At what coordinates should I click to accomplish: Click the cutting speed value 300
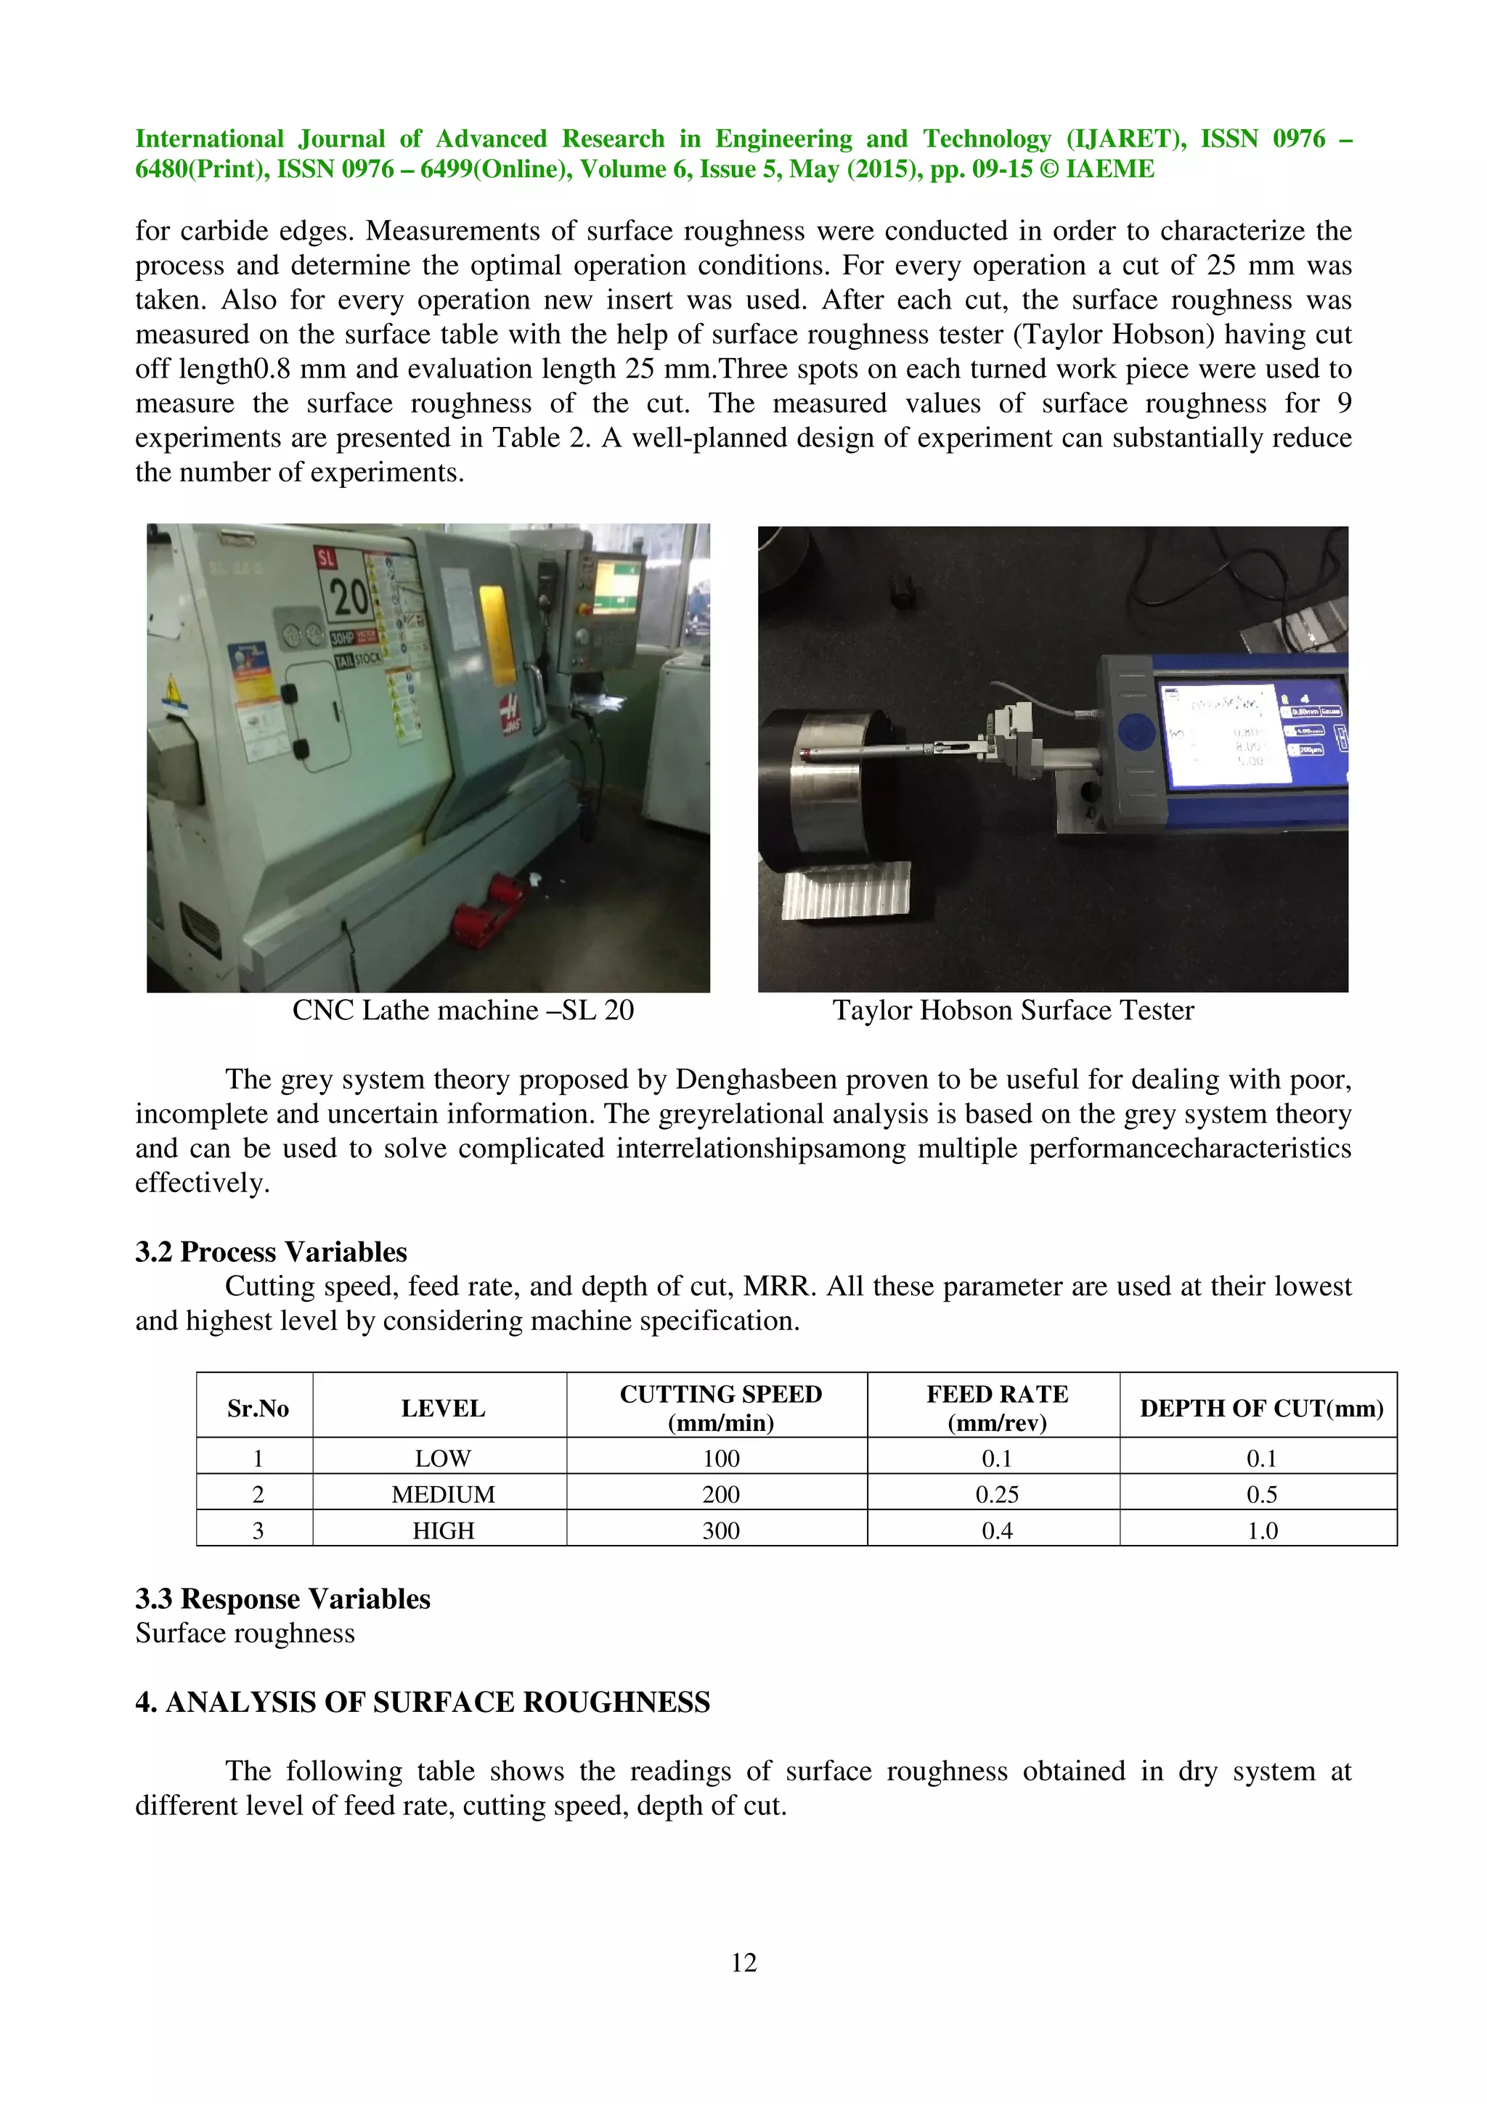pyautogui.click(x=720, y=1530)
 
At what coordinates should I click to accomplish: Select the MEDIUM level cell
pyautogui.click(x=442, y=1495)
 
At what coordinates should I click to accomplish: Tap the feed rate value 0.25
pyautogui.click(x=996, y=1495)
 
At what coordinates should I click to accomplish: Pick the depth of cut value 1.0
pyautogui.click(x=1262, y=1530)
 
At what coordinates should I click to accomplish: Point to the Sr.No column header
pyautogui.click(x=258, y=1408)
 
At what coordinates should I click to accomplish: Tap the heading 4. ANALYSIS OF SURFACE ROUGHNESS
pyautogui.click(x=423, y=1702)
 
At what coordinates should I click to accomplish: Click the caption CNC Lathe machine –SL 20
pyautogui.click(x=463, y=1010)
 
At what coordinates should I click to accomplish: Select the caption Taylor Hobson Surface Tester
pyautogui.click(x=1012, y=1010)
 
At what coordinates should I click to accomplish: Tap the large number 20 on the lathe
pyautogui.click(x=349, y=598)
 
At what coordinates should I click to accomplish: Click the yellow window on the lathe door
pyautogui.click(x=494, y=634)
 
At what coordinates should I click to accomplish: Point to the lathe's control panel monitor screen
pyautogui.click(x=616, y=587)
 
